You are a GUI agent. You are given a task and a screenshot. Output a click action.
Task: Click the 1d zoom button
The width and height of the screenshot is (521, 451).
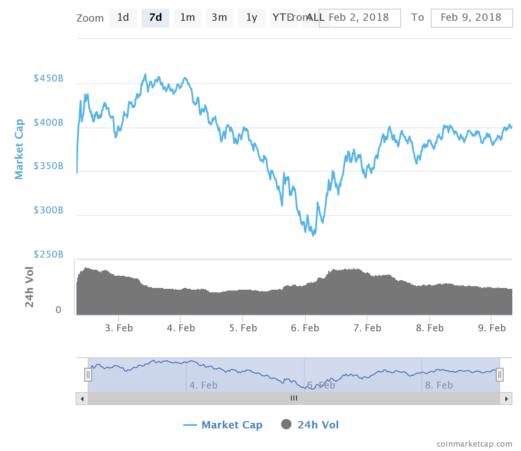click(x=123, y=18)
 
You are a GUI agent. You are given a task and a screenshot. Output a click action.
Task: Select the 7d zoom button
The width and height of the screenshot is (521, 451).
click(x=155, y=18)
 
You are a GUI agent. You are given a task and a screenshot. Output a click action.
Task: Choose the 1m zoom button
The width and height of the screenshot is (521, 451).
click(x=188, y=18)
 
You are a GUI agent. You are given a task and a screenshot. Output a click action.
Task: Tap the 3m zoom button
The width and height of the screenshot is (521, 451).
click(x=219, y=18)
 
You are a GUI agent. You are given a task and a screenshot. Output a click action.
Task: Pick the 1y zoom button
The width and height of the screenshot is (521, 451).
click(x=252, y=18)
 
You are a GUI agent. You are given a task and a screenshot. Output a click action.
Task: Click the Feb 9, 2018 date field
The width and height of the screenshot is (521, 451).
click(x=472, y=18)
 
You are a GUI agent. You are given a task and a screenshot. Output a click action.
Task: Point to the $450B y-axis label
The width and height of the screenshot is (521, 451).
click(x=48, y=78)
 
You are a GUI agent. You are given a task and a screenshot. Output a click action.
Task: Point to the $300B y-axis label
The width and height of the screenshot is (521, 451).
click(x=48, y=210)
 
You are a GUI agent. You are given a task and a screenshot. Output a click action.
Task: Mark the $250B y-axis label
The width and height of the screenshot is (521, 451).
click(x=48, y=255)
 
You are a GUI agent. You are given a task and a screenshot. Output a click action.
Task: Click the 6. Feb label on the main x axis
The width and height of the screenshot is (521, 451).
click(x=305, y=328)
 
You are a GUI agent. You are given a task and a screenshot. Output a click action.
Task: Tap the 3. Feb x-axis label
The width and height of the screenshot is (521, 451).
click(x=119, y=328)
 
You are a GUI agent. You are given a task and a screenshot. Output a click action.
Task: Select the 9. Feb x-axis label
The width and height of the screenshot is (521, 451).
click(x=492, y=328)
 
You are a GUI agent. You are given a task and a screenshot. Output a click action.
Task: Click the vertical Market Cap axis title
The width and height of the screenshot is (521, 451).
click(x=19, y=149)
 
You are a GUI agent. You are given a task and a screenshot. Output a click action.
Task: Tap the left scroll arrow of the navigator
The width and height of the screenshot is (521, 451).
click(x=82, y=399)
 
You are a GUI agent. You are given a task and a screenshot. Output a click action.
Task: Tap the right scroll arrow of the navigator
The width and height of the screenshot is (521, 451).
click(x=506, y=399)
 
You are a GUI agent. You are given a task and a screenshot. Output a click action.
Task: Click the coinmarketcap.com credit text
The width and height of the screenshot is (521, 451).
click(x=474, y=444)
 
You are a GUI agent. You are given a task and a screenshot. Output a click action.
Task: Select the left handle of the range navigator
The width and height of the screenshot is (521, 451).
click(x=88, y=374)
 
